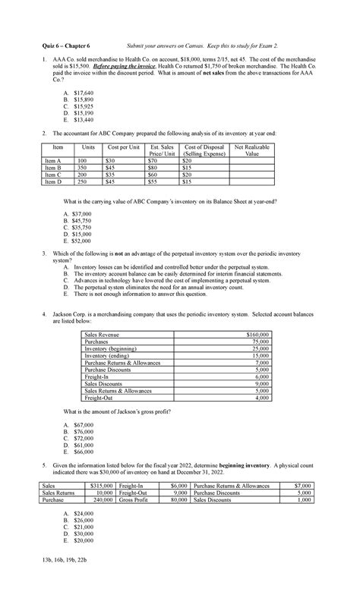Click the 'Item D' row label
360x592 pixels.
(x=53, y=181)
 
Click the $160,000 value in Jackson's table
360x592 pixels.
(x=254, y=334)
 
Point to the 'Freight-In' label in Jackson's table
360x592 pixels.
(x=98, y=376)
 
